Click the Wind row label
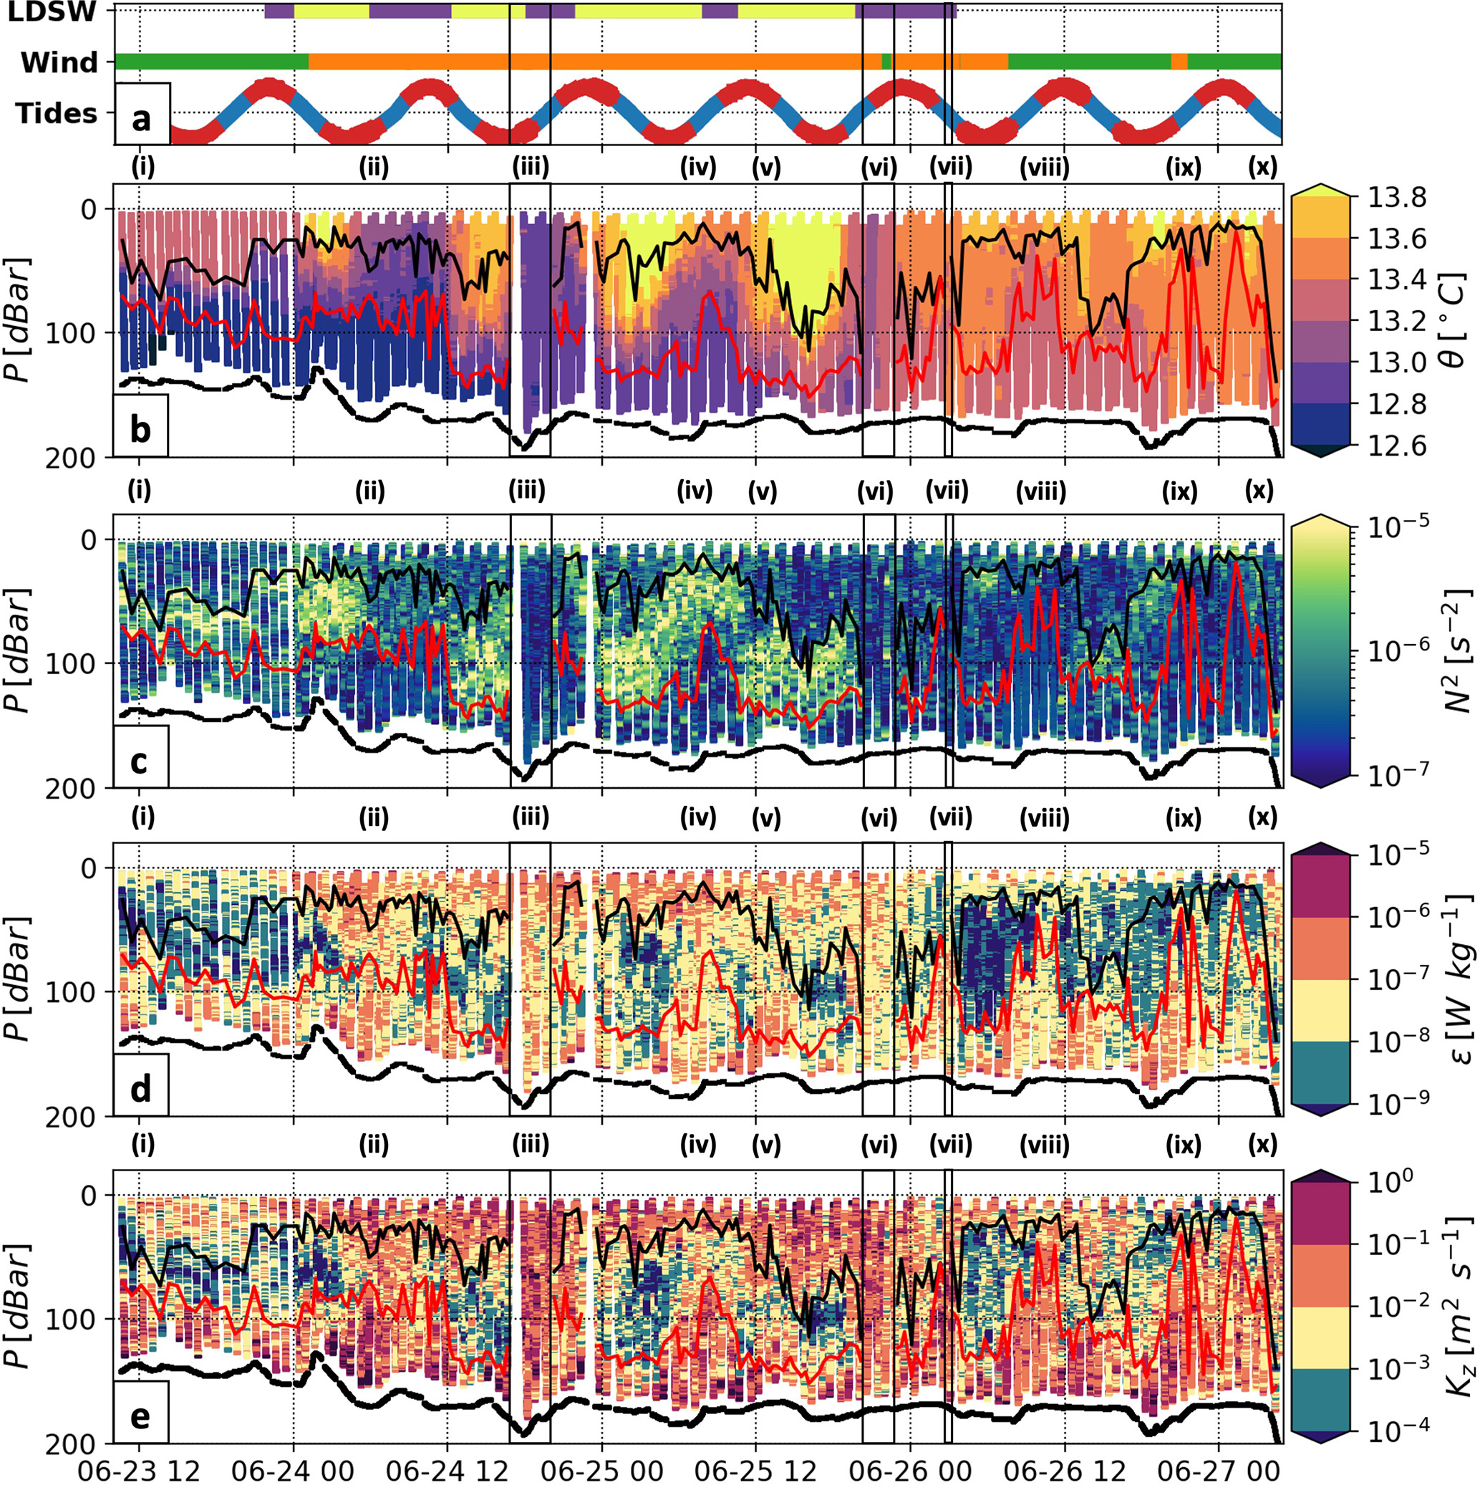coord(59,62)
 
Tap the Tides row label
coord(56,114)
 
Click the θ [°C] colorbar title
coord(1455,322)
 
